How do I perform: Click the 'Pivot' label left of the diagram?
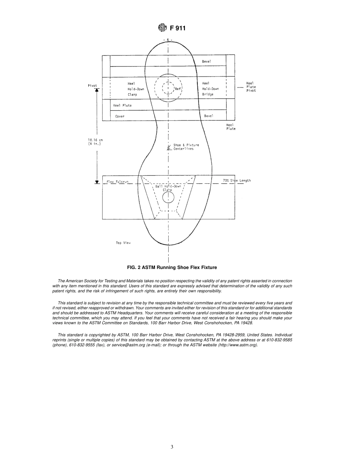[x=92, y=86]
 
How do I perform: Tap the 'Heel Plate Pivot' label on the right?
[x=251, y=87]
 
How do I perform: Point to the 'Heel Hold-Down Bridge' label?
[x=210, y=89]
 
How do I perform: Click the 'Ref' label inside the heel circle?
[x=178, y=89]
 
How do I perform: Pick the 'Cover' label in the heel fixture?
[x=120, y=116]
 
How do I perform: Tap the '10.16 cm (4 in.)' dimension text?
[x=95, y=142]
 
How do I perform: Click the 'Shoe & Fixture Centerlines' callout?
[x=186, y=147]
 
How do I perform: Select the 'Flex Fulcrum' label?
[x=117, y=182]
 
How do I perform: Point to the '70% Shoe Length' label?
[x=237, y=181]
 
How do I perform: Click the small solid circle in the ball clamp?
[x=168, y=197]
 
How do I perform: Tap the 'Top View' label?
[x=123, y=243]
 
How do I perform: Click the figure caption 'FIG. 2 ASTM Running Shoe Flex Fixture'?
[x=172, y=267]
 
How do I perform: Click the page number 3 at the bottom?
[x=172, y=447]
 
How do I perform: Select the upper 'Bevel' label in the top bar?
[x=207, y=61]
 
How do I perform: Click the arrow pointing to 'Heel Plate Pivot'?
[x=240, y=87]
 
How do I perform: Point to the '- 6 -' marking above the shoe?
[x=167, y=40]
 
